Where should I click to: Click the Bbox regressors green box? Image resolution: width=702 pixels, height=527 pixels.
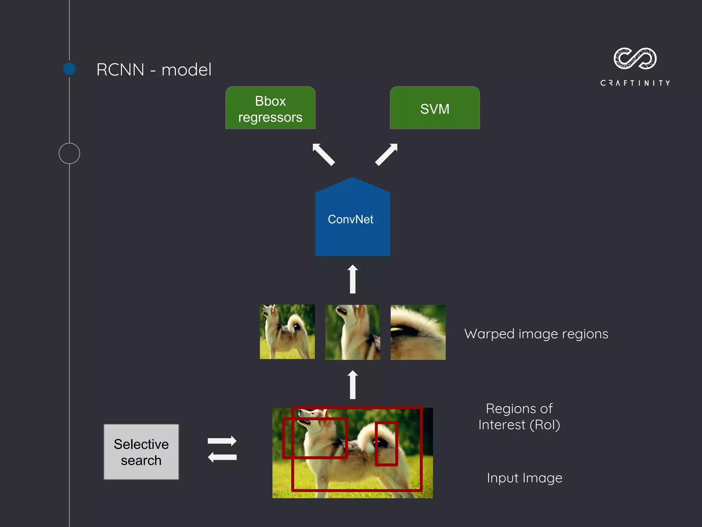pyautogui.click(x=270, y=108)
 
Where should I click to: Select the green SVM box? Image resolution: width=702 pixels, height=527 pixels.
pyautogui.click(x=435, y=108)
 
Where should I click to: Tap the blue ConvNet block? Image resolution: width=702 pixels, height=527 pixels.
pyautogui.click(x=352, y=220)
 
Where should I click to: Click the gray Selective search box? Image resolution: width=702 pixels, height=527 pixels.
pyautogui.click(x=141, y=452)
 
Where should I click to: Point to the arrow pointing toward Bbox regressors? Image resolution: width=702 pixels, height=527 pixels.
pyautogui.click(x=323, y=154)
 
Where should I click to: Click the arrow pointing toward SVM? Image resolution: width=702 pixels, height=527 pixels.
pyautogui.click(x=386, y=154)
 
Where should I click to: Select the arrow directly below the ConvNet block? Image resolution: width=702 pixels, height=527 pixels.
pyautogui.click(x=352, y=279)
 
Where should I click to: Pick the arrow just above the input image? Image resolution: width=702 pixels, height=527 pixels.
pyautogui.click(x=352, y=385)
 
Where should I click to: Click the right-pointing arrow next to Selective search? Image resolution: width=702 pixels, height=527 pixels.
pyautogui.click(x=222, y=441)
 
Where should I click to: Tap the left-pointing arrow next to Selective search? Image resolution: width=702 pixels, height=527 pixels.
pyautogui.click(x=222, y=457)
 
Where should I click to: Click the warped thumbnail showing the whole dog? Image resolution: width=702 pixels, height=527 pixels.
pyautogui.click(x=287, y=332)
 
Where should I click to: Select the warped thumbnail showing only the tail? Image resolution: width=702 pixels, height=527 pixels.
pyautogui.click(x=418, y=332)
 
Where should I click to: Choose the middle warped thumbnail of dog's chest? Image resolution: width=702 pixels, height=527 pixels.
pyautogui.click(x=352, y=332)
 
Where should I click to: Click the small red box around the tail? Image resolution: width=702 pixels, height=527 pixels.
pyautogui.click(x=386, y=444)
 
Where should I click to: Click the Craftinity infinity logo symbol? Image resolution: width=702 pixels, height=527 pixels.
pyautogui.click(x=635, y=58)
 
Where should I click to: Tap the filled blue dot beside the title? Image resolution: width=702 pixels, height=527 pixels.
pyautogui.click(x=70, y=69)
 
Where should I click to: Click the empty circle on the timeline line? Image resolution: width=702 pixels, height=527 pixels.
pyautogui.click(x=69, y=153)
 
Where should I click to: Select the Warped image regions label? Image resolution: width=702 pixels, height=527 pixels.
pyautogui.click(x=536, y=334)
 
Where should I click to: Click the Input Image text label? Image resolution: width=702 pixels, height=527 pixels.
pyautogui.click(x=524, y=478)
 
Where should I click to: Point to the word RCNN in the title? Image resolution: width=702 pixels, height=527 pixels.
pyautogui.click(x=120, y=70)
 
